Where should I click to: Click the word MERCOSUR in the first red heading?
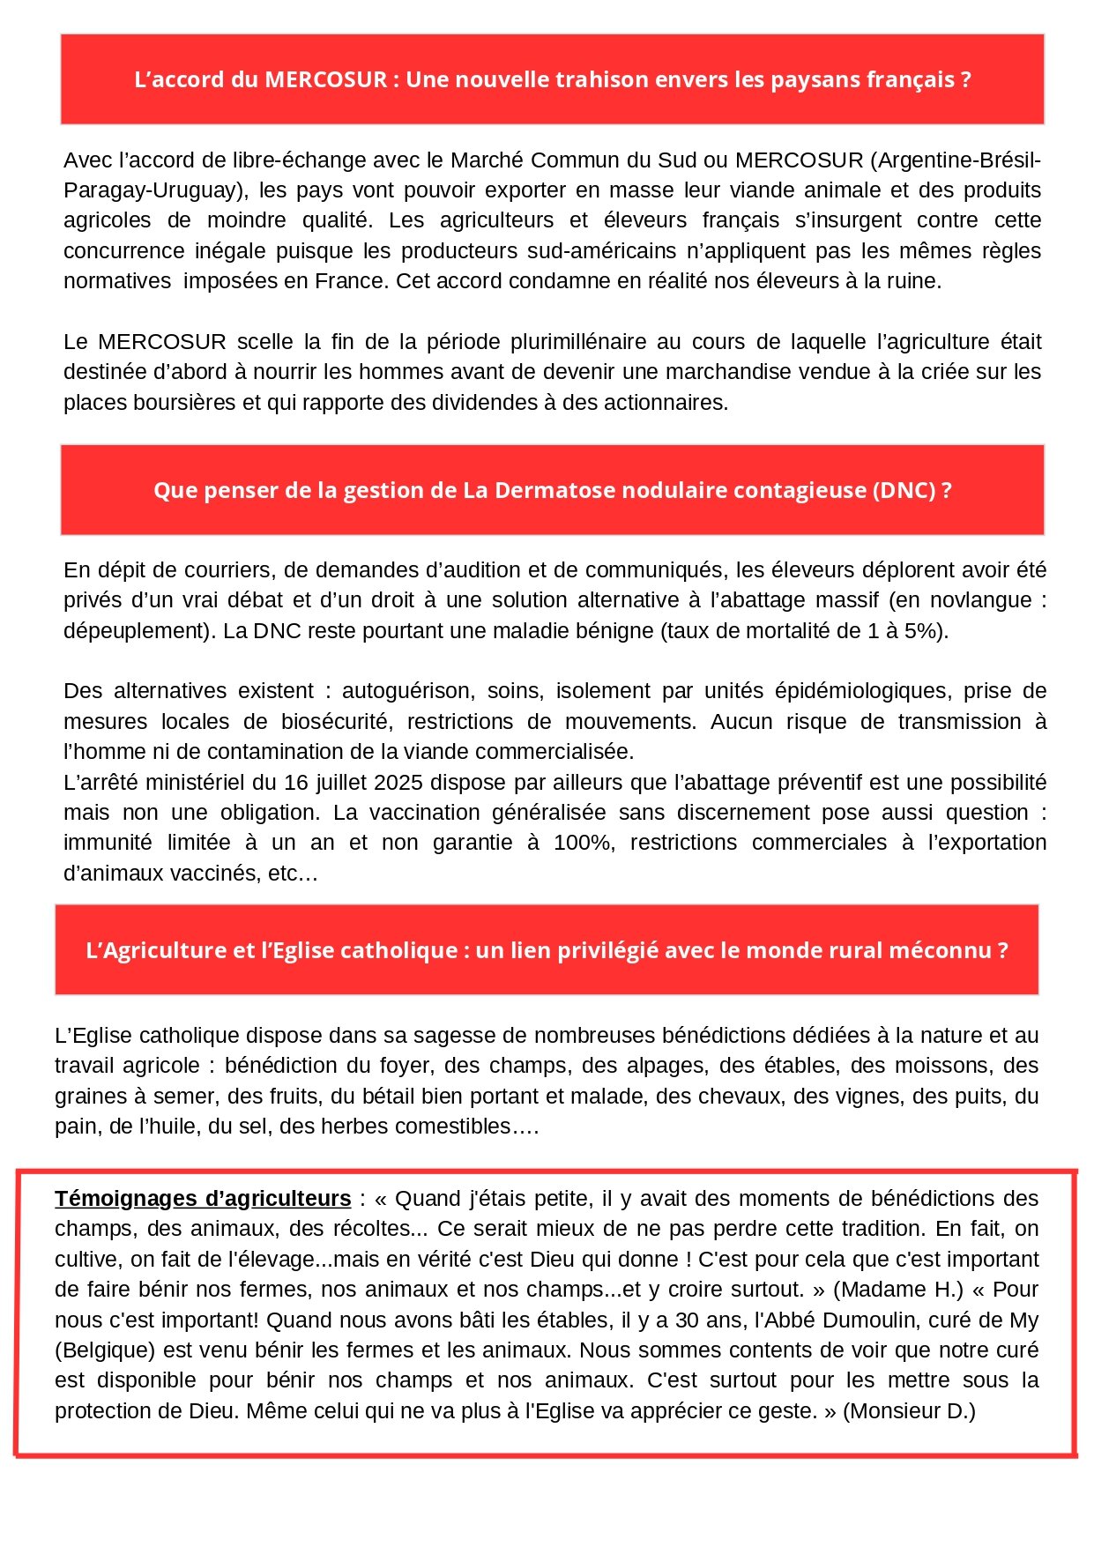point(325,80)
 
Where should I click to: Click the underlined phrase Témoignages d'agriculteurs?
point(203,1199)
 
